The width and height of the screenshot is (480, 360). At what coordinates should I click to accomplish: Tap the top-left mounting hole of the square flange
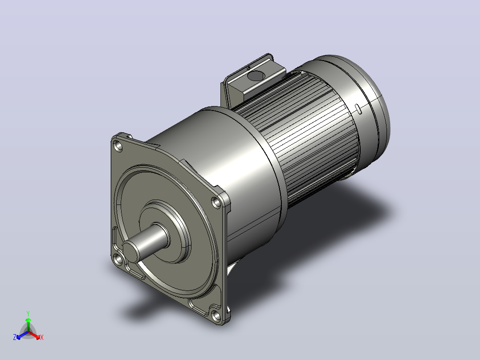pyautogui.click(x=118, y=146)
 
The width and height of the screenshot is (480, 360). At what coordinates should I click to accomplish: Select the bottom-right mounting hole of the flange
pyautogui.click(x=216, y=315)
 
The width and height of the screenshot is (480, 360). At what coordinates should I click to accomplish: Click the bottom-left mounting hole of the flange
pyautogui.click(x=118, y=260)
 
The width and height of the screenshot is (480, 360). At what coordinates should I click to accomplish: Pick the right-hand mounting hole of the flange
pyautogui.click(x=216, y=203)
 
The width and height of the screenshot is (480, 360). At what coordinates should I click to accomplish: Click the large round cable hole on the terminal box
pyautogui.click(x=256, y=75)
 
